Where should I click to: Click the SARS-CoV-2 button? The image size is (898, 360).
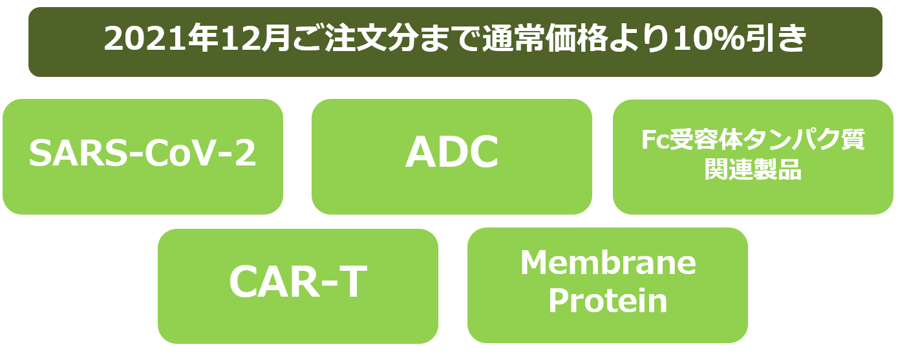(x=143, y=157)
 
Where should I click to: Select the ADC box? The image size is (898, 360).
(x=452, y=157)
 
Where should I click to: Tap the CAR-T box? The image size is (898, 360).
(x=298, y=286)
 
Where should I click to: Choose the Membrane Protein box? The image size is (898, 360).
(x=608, y=286)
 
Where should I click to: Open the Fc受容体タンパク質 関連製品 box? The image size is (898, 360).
(x=753, y=157)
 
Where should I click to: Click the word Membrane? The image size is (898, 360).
(x=608, y=263)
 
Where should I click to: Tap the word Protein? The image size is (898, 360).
(x=608, y=301)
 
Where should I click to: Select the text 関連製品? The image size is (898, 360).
(x=753, y=169)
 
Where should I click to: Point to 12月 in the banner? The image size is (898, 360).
(x=256, y=39)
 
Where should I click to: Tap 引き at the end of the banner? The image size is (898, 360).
(x=776, y=39)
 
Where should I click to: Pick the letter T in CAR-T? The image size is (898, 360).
(x=352, y=282)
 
